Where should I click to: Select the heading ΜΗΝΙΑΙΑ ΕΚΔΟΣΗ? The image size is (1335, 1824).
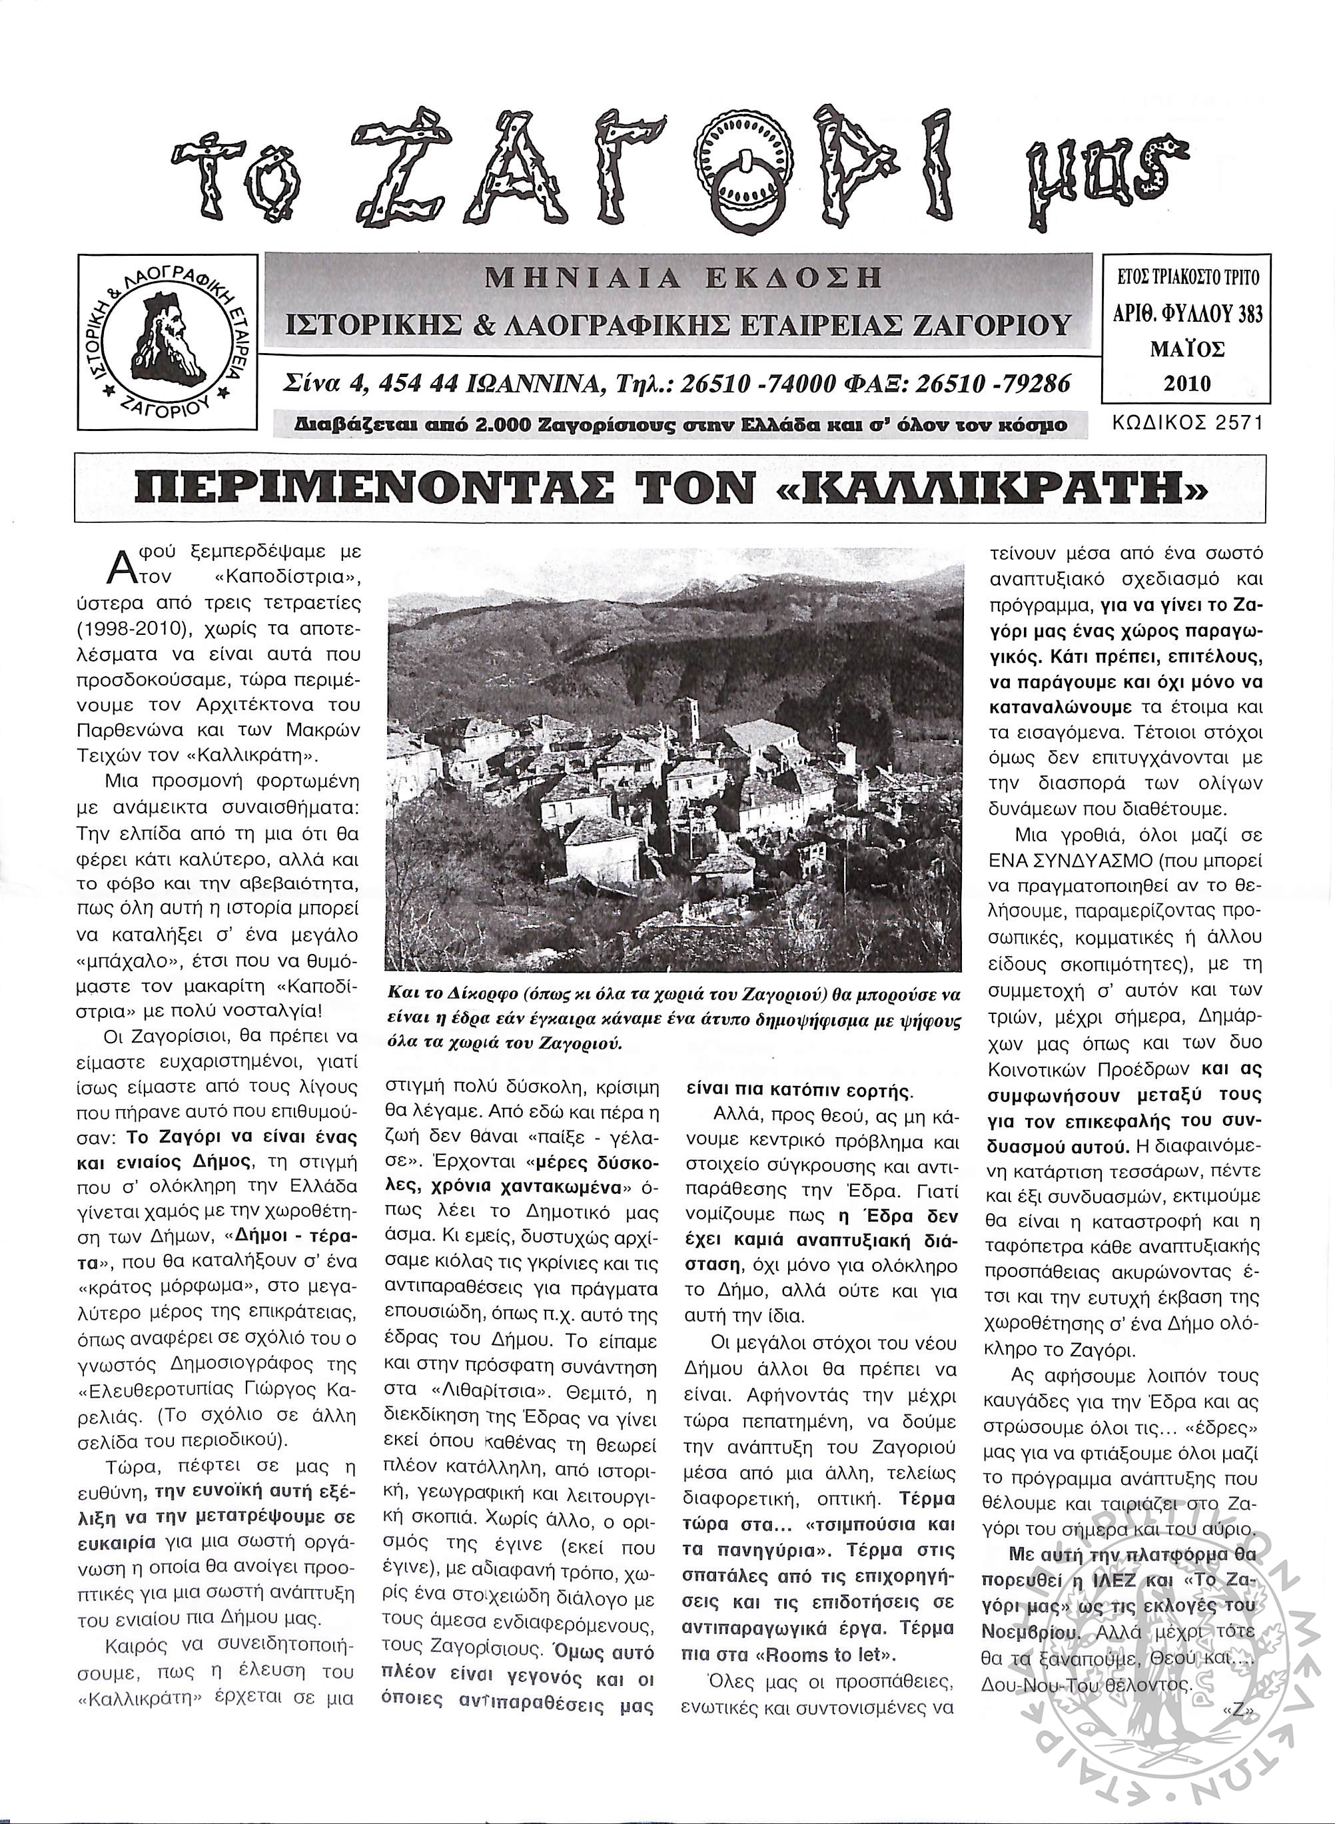click(x=682, y=279)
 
